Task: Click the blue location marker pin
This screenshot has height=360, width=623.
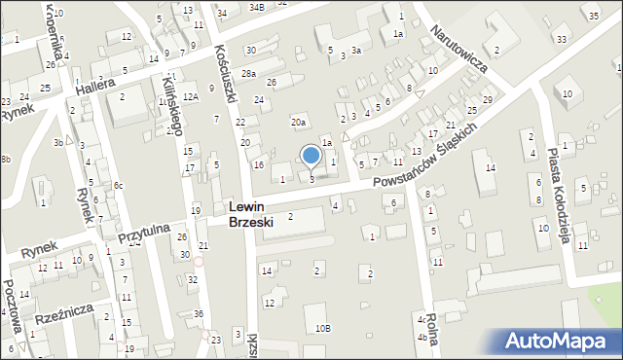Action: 311,156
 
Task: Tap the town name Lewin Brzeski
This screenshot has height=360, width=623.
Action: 251,214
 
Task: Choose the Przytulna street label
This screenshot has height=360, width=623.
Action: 144,234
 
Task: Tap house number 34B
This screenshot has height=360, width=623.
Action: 256,7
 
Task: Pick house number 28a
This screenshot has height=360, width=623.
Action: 249,74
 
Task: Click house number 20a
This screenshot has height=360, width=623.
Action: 299,123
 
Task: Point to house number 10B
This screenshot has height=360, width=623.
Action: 322,329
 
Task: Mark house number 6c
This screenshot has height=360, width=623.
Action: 118,186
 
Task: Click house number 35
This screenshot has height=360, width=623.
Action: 593,16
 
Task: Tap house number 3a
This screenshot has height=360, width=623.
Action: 357,51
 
